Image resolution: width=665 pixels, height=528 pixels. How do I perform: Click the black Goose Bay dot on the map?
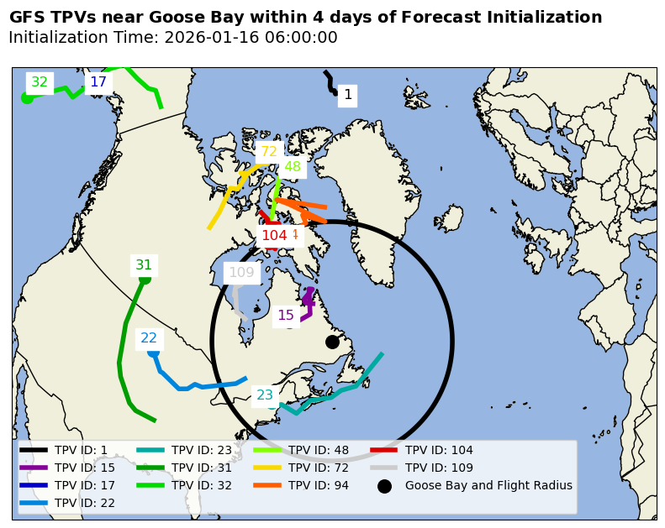pos(332,342)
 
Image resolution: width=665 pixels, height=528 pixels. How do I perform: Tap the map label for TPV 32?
pos(40,82)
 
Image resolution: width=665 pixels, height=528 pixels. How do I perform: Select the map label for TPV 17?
pos(98,82)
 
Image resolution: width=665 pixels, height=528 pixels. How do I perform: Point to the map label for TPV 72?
pos(269,152)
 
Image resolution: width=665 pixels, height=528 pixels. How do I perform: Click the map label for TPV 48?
pos(293,166)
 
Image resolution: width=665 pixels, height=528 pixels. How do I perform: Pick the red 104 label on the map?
pos(274,236)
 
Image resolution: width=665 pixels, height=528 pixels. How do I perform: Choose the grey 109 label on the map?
pos(241,272)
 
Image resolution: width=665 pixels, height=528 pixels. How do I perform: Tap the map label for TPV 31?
pos(144,265)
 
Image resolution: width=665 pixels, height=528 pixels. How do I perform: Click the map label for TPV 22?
pos(149,338)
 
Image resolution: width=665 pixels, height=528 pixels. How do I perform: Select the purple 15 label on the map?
pos(286,316)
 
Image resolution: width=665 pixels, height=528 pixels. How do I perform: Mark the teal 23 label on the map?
pos(265,395)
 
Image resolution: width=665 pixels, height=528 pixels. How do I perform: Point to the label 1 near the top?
pos(348,95)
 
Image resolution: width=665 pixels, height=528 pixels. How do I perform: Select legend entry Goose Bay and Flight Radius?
pos(488,485)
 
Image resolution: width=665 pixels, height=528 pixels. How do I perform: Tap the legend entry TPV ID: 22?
pos(85,503)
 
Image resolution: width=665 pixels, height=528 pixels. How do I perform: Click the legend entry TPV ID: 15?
pos(85,468)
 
